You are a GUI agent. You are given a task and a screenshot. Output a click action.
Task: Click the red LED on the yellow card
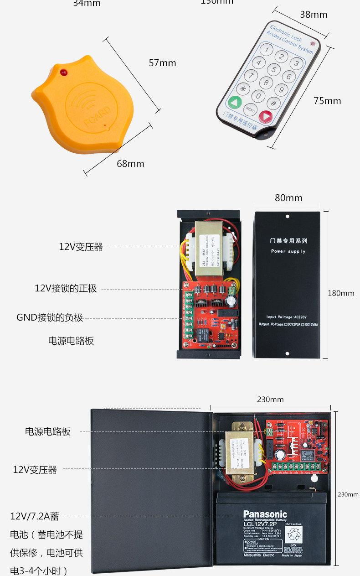64,72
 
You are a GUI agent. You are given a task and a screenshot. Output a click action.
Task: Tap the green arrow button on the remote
235,102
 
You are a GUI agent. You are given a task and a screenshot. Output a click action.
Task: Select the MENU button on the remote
250,109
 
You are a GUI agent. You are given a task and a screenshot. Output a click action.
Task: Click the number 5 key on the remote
273,69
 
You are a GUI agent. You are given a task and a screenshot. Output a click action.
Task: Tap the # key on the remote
273,103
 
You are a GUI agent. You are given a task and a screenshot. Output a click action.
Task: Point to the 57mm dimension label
162,63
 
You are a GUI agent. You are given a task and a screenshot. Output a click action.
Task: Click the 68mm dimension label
130,164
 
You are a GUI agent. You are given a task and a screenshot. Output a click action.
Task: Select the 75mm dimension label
327,101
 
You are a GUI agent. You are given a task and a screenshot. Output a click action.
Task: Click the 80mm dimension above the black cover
288,198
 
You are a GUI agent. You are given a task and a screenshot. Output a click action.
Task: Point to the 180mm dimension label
341,293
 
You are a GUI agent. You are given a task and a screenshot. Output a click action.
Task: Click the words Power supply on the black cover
288,251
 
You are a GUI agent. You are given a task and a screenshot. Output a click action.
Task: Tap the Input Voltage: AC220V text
287,317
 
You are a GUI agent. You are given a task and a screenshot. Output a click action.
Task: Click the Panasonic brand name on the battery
265,514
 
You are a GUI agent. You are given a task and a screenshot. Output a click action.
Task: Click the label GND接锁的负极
50,317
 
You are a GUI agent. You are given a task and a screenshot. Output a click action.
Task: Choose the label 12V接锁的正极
66,289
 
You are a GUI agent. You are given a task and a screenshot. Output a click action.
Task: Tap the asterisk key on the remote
243,89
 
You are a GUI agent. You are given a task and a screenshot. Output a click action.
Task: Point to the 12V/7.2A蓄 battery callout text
35,516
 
